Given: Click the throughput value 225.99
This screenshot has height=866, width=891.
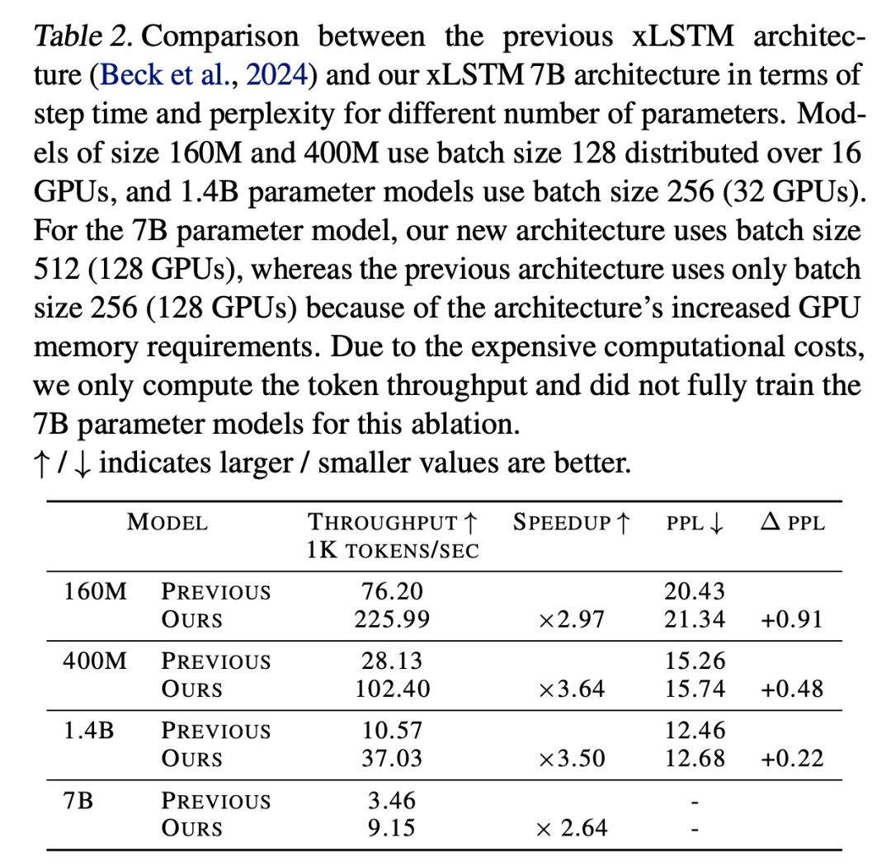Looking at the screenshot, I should coord(392,619).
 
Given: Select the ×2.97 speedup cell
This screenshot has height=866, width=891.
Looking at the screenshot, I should coord(571,619).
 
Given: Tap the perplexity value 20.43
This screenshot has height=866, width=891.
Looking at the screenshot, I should coord(695,591).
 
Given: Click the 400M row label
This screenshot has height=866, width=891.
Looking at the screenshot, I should coord(95,661).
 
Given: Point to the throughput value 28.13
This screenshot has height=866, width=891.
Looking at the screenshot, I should coord(392,661).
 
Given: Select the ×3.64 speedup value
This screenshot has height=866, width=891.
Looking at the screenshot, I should coord(571,689).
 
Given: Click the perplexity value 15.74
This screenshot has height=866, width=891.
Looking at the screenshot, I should coord(695,689).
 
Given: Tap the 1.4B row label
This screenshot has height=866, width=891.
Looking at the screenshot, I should coord(88,731).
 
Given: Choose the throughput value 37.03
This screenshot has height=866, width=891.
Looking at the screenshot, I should coord(392,758).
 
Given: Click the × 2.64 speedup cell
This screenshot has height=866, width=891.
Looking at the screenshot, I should coord(571,827).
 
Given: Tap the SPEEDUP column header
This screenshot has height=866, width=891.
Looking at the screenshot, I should coord(572,522).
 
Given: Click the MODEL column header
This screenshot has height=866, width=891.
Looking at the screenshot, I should coord(167,522).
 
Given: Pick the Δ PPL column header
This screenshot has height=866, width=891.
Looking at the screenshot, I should coord(791,522).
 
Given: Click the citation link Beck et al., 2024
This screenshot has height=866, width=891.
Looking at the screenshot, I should coord(205,76).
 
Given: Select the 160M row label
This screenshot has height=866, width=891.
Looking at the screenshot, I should coord(95,591).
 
